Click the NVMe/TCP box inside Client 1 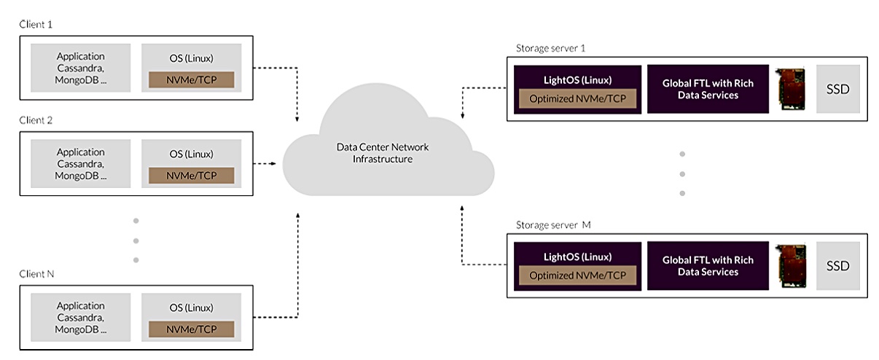pos(192,79)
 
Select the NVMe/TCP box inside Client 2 pos(192,175)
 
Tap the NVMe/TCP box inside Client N pos(192,329)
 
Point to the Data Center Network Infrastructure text pos(383,152)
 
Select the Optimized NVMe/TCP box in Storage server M pos(577,276)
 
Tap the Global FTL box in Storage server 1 pos(708,89)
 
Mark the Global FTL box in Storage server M pos(708,266)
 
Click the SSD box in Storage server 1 pos(837,89)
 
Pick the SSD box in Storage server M pos(837,266)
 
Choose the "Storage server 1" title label pos(550,48)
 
